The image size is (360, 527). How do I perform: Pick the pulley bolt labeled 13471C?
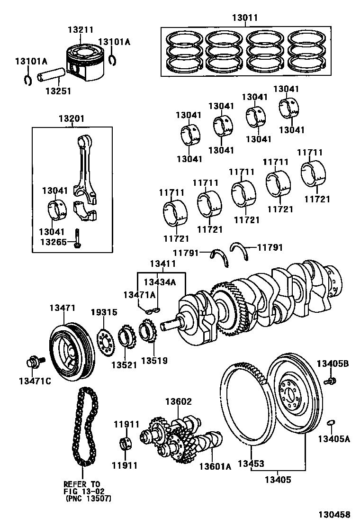(33, 363)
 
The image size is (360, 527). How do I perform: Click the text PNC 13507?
(89, 498)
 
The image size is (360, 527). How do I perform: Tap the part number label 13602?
(178, 401)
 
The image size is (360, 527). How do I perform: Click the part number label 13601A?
(215, 467)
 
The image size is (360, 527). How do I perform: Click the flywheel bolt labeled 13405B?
(330, 380)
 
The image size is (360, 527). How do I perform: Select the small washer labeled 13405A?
(332, 422)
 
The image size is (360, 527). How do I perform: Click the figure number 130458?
(334, 515)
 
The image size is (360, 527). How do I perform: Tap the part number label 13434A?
(160, 282)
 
